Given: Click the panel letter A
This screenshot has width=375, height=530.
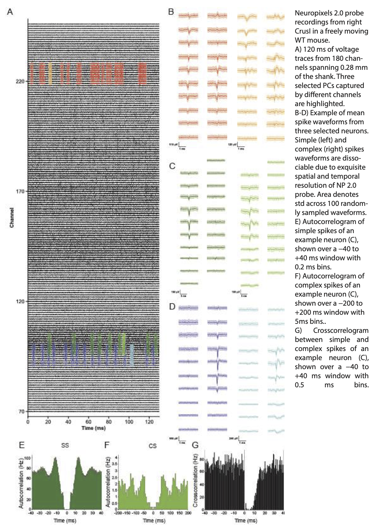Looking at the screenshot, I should click(x=10, y=12).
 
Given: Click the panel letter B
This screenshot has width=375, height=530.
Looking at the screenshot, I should click(x=171, y=12).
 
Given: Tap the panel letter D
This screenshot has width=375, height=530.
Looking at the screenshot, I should click(x=172, y=307).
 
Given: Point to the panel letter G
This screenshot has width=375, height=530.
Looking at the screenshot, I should click(x=195, y=445).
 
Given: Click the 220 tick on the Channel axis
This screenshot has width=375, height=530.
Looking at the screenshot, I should click(x=20, y=81).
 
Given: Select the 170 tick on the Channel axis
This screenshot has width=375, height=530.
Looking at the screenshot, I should click(x=20, y=191).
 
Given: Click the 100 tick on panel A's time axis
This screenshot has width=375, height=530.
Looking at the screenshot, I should click(x=129, y=422).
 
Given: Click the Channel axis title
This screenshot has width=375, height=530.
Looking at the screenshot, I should click(x=12, y=218).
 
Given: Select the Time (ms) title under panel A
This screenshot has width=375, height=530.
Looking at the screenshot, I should click(x=93, y=428).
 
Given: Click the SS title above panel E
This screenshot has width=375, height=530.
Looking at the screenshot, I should click(x=65, y=445).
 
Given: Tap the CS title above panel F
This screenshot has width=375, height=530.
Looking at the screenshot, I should click(x=153, y=446).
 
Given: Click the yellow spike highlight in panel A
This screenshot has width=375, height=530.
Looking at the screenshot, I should click(x=50, y=73).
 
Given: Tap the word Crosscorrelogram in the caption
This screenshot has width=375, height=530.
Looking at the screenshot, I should click(x=341, y=330).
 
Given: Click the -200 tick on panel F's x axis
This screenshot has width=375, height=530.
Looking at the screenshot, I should click(x=118, y=513).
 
